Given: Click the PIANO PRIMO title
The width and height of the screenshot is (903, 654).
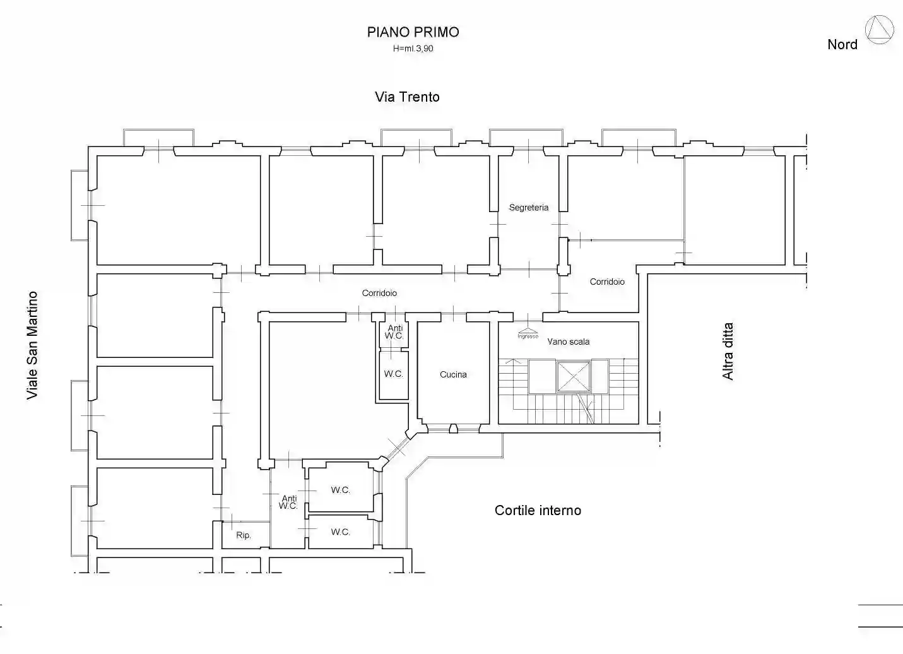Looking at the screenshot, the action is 413,32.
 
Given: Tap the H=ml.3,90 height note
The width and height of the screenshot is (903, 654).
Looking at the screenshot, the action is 413,49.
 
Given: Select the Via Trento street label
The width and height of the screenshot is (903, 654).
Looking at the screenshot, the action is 407,97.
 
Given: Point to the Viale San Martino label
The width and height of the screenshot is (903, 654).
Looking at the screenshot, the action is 32,345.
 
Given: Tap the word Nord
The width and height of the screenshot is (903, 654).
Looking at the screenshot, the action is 842,44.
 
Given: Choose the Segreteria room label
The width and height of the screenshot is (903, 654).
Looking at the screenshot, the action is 529,208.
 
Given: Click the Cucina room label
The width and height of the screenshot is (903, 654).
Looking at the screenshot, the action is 453,374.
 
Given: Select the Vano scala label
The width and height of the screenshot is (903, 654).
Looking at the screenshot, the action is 569,342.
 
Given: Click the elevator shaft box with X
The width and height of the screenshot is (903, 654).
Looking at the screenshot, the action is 573,377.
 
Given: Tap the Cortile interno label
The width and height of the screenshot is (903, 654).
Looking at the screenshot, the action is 538,511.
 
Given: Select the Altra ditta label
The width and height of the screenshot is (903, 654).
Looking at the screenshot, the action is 728,351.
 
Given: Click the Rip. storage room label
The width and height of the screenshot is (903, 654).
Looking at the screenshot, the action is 244,535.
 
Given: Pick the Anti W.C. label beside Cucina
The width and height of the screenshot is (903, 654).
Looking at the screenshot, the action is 394,332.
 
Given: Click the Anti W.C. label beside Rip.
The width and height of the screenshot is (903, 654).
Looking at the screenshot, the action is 288,502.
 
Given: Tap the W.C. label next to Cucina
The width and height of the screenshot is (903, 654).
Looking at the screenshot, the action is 394,374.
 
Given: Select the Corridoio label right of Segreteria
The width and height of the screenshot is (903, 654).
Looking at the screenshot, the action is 607,282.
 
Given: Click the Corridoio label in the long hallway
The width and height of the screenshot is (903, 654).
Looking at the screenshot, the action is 379,293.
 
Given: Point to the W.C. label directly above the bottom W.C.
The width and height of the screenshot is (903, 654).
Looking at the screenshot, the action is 341,490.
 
